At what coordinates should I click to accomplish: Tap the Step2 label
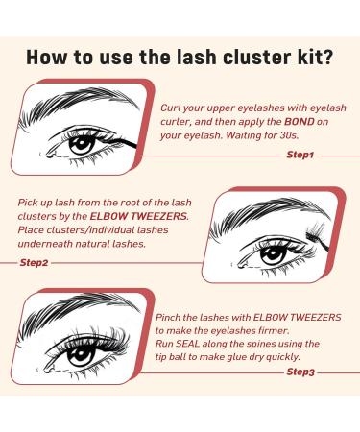pos(39,260)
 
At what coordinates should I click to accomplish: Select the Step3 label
pos(300,371)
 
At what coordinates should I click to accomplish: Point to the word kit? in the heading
pos(311,57)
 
